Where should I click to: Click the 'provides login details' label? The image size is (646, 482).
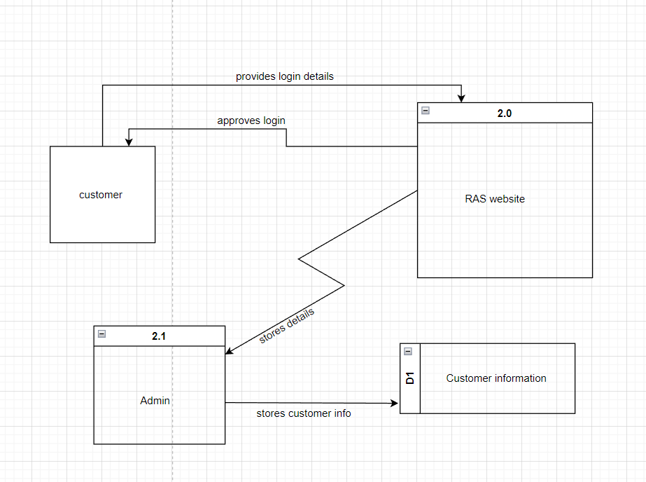click(x=285, y=76)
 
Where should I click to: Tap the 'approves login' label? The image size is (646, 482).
click(x=251, y=120)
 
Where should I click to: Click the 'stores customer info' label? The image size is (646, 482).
click(x=304, y=413)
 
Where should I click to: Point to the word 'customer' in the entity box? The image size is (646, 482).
click(x=101, y=195)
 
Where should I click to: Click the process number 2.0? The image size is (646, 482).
click(x=505, y=113)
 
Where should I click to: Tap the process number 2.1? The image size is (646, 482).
click(x=159, y=336)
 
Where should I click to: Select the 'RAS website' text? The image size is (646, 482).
click(x=495, y=199)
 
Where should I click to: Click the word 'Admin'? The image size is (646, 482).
click(x=155, y=401)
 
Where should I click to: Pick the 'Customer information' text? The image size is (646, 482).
click(x=496, y=378)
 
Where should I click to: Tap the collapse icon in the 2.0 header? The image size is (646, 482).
click(x=426, y=111)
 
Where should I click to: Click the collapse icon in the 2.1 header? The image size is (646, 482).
click(x=101, y=334)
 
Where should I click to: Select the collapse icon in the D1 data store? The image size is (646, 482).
click(x=408, y=351)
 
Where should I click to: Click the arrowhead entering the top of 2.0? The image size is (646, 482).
click(x=461, y=99)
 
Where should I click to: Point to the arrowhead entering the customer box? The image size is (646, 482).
click(x=129, y=142)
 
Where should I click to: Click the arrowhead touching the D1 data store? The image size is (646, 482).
click(x=395, y=403)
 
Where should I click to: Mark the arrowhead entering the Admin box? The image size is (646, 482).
click(x=229, y=351)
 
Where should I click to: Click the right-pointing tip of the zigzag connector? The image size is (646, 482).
click(x=344, y=284)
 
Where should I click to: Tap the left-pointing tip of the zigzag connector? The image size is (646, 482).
click(x=300, y=259)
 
